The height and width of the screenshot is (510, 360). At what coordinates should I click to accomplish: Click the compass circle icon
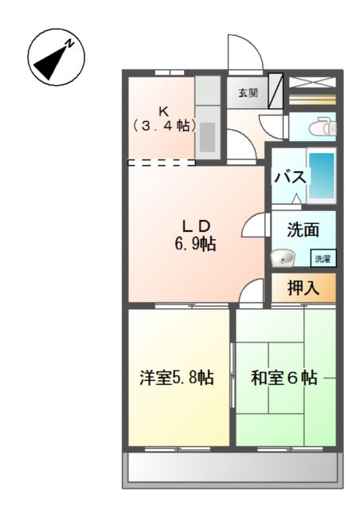57,58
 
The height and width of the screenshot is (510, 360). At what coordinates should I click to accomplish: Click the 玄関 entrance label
248,92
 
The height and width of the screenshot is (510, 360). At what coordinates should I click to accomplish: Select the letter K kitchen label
163,110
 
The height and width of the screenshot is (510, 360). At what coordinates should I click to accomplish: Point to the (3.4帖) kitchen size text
163,125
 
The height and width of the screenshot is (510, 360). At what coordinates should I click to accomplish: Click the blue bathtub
322,175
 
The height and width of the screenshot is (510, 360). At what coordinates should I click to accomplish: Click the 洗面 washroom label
303,230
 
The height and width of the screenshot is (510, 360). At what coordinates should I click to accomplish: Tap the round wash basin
281,257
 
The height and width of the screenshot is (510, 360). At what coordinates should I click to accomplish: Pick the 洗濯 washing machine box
322,258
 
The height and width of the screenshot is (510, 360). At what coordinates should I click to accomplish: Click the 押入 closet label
303,288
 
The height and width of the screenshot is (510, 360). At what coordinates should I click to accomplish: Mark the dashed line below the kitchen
162,163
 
